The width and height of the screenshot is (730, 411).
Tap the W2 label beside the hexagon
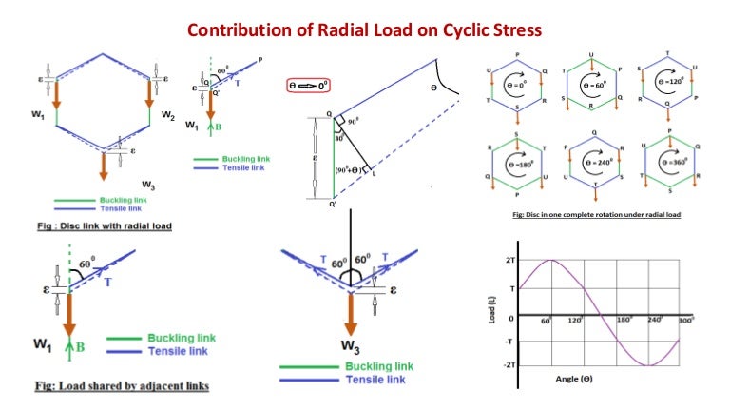[168, 116]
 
